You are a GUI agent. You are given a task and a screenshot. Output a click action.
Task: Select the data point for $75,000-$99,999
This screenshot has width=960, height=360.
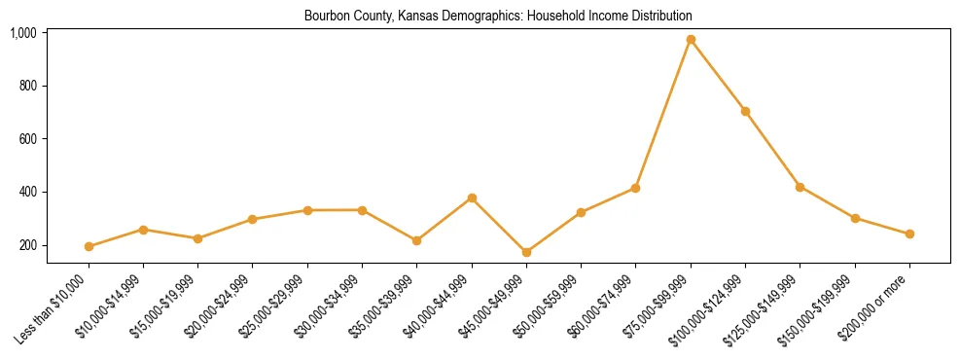click(x=691, y=40)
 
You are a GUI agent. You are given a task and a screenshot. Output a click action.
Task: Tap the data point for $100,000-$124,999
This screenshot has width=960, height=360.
click(x=745, y=111)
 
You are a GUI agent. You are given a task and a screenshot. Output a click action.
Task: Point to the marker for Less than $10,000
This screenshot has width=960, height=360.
click(x=89, y=246)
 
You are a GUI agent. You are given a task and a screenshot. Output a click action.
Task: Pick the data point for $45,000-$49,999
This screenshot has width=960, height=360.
click(x=526, y=252)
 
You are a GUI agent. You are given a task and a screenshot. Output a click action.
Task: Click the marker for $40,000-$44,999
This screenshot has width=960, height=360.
click(x=472, y=198)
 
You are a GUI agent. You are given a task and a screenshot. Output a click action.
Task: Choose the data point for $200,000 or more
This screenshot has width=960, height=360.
click(x=909, y=234)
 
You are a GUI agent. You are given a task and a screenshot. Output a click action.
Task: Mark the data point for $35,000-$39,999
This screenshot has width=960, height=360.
click(x=417, y=240)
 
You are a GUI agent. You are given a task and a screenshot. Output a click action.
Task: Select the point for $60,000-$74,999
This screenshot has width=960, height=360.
click(x=636, y=188)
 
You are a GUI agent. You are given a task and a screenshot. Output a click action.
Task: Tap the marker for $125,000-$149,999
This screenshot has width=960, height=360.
click(x=800, y=187)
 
